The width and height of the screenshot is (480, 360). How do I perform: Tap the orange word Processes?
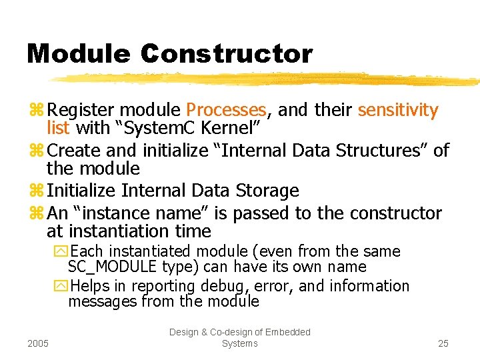227,110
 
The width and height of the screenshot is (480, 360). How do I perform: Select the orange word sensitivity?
398,110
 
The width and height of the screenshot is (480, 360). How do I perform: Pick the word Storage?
267,191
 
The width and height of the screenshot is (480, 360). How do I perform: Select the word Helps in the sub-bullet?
91,286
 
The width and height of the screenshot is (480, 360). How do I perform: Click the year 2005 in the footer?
39,343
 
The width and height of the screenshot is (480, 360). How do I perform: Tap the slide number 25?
443,343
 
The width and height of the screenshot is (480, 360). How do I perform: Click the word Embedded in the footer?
286,332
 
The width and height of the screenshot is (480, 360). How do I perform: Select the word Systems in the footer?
239,343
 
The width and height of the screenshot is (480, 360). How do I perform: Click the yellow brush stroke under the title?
267,79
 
